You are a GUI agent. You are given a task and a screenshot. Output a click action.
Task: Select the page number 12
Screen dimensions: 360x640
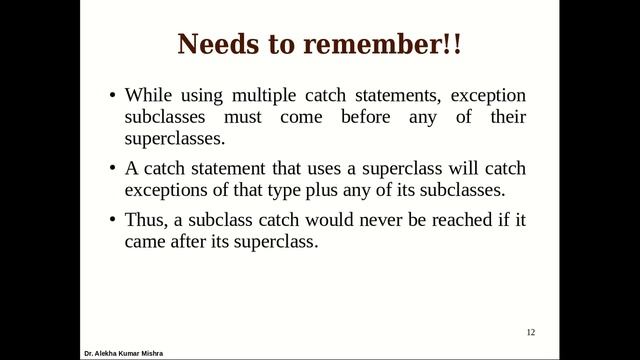coord(531,332)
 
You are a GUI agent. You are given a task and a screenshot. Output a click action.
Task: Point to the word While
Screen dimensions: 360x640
coord(148,96)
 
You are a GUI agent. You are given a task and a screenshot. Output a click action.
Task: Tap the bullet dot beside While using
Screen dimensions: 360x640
coord(112,97)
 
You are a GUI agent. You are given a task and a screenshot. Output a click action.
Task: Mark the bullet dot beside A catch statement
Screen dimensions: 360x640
coord(112,168)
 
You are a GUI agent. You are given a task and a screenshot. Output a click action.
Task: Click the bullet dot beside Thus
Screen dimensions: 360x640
coord(112,218)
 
